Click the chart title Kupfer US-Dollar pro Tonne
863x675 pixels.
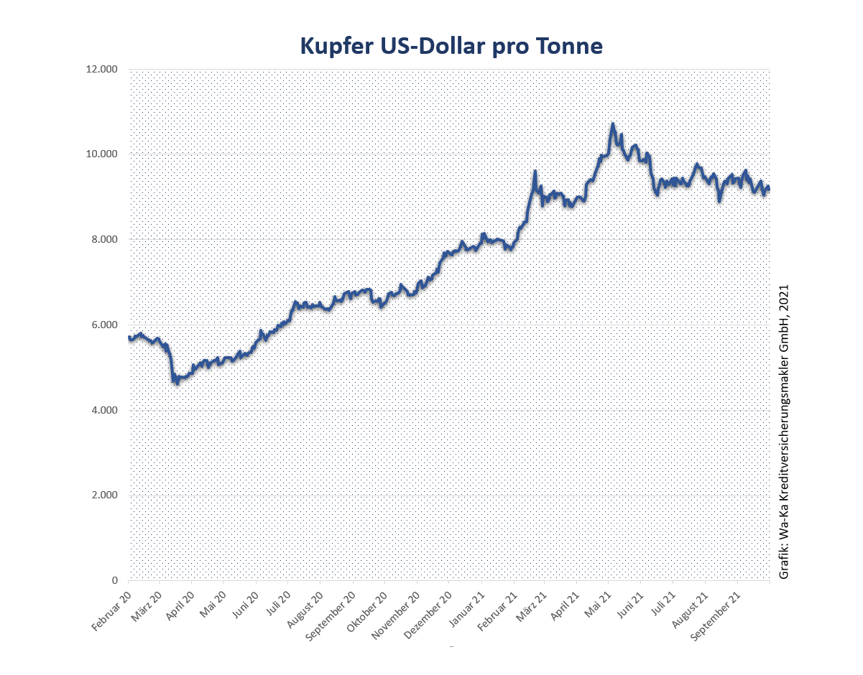point(451,46)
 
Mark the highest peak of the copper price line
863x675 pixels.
point(612,124)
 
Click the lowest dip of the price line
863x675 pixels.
point(177,383)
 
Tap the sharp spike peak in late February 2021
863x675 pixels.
point(535,172)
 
